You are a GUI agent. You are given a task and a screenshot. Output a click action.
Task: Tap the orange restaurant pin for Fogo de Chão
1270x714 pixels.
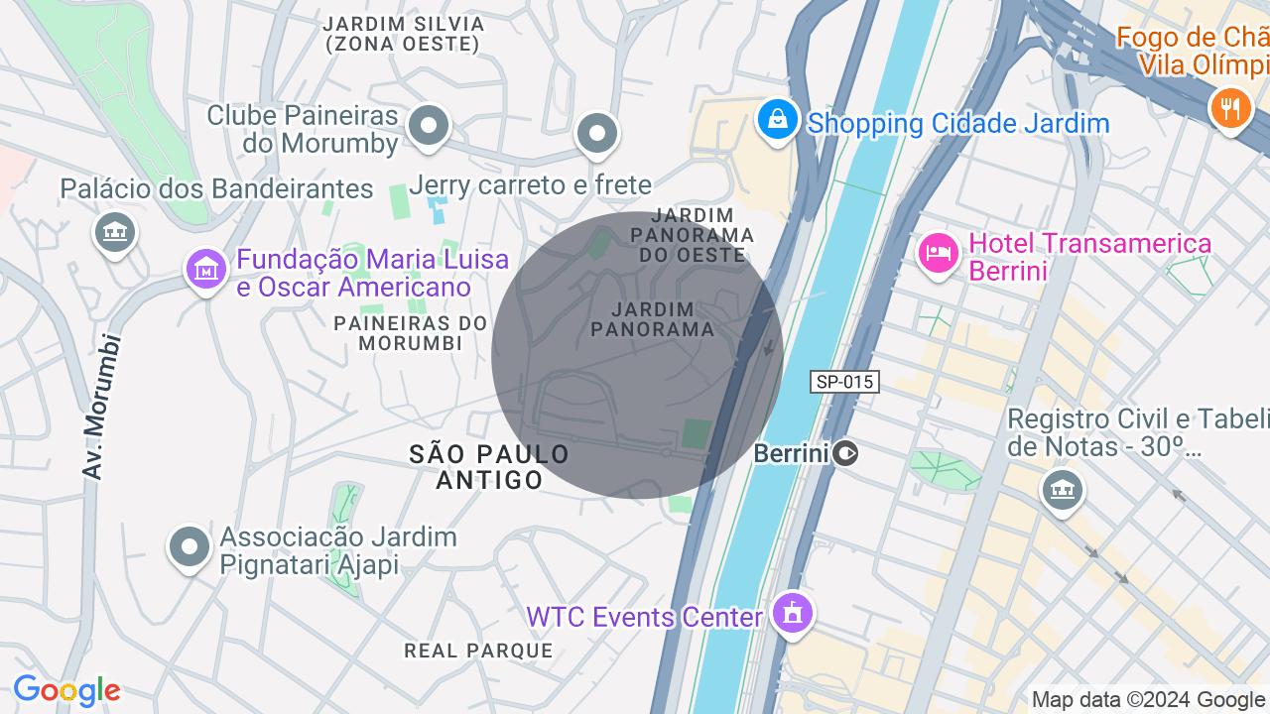pos(1230,106)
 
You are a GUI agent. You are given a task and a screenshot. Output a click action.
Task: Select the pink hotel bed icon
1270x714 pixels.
pos(938,254)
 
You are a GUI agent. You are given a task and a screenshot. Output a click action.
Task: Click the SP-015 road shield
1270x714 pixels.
pos(844,382)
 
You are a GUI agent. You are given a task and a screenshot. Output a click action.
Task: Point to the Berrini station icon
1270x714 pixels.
pos(845,453)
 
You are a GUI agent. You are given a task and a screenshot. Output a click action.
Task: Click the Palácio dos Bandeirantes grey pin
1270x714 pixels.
pos(115,233)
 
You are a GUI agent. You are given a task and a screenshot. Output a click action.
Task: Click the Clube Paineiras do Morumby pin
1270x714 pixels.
pos(429,126)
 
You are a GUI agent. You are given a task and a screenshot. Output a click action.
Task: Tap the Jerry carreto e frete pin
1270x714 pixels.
pos(597,132)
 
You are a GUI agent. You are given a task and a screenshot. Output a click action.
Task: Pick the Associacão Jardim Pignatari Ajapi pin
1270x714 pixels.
pos(189,546)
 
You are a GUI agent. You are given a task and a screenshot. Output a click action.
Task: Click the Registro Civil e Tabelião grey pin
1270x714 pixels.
pos(1062,488)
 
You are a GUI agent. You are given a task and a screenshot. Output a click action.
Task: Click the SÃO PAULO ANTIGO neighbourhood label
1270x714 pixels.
pos(490,467)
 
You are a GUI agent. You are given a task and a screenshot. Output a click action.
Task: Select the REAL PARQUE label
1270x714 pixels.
pos(478,651)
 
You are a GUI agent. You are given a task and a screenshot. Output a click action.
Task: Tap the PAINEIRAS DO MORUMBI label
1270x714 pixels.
pos(411,333)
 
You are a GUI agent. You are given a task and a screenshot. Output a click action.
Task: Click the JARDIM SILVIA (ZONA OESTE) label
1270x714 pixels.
pos(404,34)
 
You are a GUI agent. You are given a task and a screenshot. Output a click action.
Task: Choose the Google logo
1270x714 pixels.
pos(66,690)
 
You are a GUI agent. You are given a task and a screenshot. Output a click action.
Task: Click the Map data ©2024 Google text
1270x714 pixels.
pos(1149,700)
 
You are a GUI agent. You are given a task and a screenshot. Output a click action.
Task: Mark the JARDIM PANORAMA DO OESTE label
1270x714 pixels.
pos(694,235)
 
